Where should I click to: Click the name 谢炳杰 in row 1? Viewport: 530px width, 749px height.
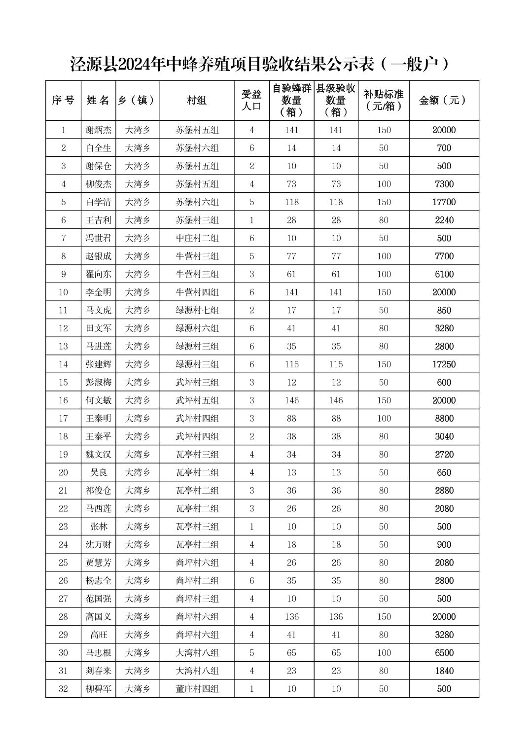tap(99, 130)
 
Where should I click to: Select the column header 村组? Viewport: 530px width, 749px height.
tap(197, 101)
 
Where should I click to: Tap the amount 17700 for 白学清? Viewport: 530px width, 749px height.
tap(444, 202)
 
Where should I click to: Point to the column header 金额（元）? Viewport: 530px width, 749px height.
tap(444, 101)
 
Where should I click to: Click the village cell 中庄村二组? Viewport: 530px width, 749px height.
tap(197, 238)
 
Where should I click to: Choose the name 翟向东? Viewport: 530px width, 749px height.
tap(99, 274)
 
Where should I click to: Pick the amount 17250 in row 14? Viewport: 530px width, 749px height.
tap(444, 364)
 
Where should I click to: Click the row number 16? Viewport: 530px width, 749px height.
tap(63, 400)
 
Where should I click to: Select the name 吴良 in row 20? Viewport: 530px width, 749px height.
tap(99, 472)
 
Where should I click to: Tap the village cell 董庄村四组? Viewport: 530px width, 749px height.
tap(197, 689)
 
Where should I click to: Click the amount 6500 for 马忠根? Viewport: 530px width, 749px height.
tap(444, 653)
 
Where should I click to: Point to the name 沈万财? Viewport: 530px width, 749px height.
tap(99, 545)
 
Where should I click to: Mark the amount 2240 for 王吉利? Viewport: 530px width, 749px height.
tap(444, 220)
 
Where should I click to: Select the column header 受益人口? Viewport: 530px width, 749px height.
tap(251, 101)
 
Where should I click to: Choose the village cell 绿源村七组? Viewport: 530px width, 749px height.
tap(197, 310)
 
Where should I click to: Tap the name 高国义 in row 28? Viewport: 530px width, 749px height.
tap(99, 617)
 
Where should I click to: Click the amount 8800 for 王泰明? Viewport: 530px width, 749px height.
tap(444, 419)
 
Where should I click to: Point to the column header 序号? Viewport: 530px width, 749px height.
tap(63, 101)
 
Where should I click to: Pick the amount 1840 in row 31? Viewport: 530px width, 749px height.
tap(444, 671)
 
